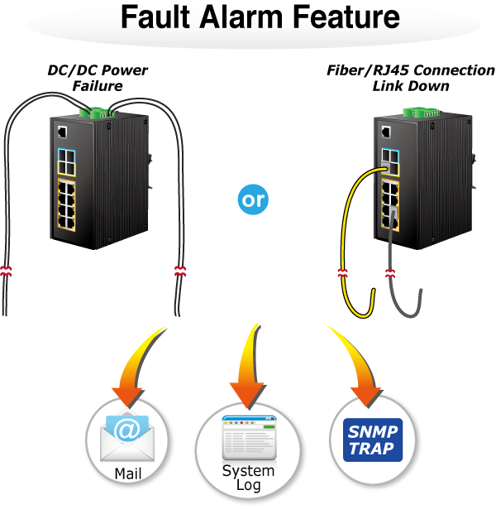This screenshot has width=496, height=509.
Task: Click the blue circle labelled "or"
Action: point(254,199)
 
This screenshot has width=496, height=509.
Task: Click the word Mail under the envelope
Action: point(128,473)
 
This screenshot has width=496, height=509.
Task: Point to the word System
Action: point(248,471)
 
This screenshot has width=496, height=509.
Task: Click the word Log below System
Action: point(248,485)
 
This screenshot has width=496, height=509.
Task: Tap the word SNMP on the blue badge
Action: point(373,432)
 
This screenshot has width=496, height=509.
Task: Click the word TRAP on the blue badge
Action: point(373,448)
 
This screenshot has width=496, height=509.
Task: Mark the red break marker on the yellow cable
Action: point(342,272)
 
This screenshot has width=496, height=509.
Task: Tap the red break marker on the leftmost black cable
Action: point(7,271)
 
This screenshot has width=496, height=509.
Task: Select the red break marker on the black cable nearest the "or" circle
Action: point(180,270)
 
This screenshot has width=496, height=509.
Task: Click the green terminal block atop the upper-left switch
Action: point(96,112)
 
